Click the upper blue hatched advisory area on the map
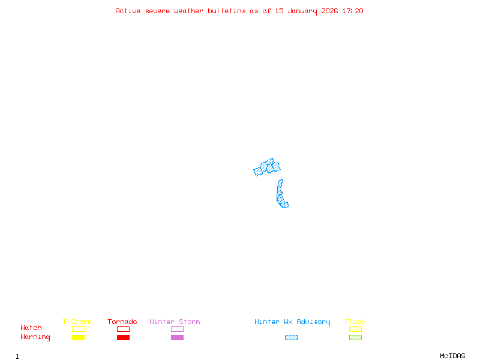[267, 167]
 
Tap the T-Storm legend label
[77, 322]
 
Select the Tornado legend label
[122, 322]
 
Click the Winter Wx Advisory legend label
[292, 322]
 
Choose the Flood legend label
[355, 322]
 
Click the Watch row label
[31, 328]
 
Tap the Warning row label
[35, 337]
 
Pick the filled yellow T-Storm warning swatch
[78, 337]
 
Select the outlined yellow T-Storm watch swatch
[78, 329]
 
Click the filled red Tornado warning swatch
[123, 337]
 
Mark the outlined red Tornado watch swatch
[123, 329]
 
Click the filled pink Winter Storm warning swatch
[177, 337]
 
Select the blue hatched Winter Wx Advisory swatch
[291, 337]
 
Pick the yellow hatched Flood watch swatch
[355, 329]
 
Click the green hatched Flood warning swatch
[355, 337]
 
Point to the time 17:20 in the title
[353, 11]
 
